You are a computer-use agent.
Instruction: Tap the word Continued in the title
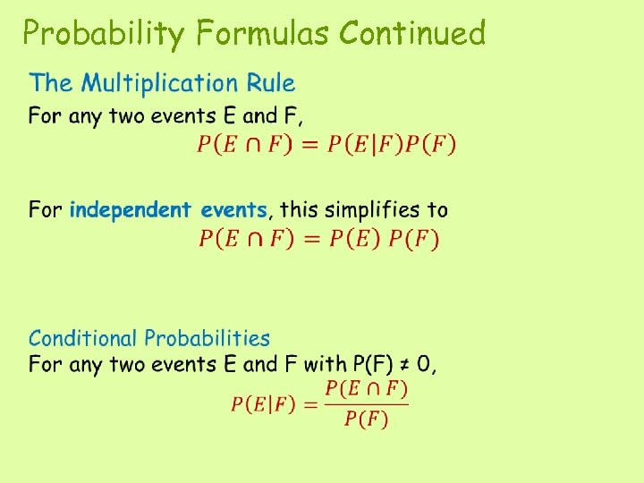(412, 33)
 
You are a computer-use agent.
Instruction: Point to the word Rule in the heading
(273, 83)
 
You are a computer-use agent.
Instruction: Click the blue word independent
(130, 210)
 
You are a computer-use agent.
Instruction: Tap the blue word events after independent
(233, 210)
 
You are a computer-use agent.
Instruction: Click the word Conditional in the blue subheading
(82, 338)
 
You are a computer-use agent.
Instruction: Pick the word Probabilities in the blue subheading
(207, 338)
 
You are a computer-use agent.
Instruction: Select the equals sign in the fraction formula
(309, 404)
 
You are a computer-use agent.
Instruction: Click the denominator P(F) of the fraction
(366, 420)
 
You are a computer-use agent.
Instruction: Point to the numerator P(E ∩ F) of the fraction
(366, 388)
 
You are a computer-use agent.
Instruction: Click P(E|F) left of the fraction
(262, 404)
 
